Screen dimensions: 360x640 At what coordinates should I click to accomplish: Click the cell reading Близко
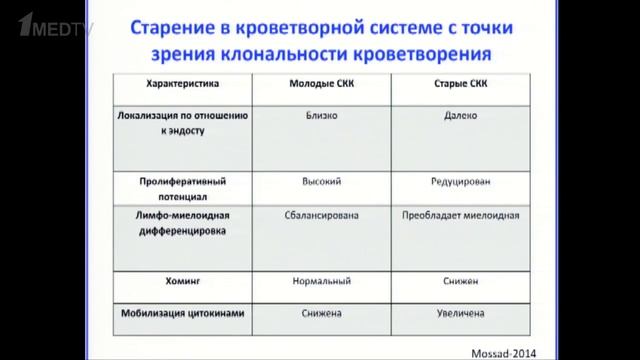(322, 116)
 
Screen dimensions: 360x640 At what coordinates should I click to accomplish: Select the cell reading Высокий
(322, 182)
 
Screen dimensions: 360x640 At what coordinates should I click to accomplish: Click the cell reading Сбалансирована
(322, 215)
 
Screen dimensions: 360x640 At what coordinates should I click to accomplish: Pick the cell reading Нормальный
(322, 283)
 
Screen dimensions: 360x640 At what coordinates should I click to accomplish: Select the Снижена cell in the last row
(322, 314)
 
